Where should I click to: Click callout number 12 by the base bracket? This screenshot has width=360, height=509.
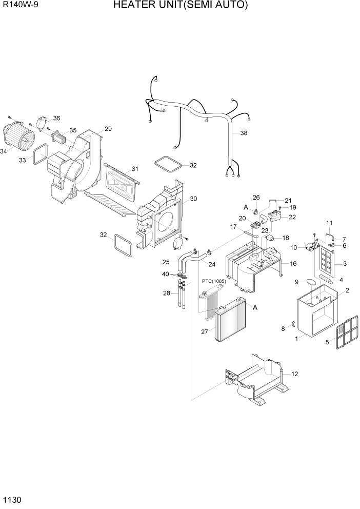click(x=295, y=374)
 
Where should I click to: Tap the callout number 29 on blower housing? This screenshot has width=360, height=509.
click(x=108, y=129)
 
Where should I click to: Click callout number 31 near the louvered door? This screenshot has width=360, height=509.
click(x=135, y=169)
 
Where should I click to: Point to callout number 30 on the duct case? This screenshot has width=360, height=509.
click(x=193, y=199)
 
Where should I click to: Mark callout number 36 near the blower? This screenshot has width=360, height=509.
click(x=56, y=118)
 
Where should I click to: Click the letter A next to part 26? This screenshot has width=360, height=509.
click(x=246, y=207)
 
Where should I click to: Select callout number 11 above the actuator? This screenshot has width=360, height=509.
click(x=329, y=223)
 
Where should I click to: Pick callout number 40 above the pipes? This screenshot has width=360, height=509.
click(x=166, y=274)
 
